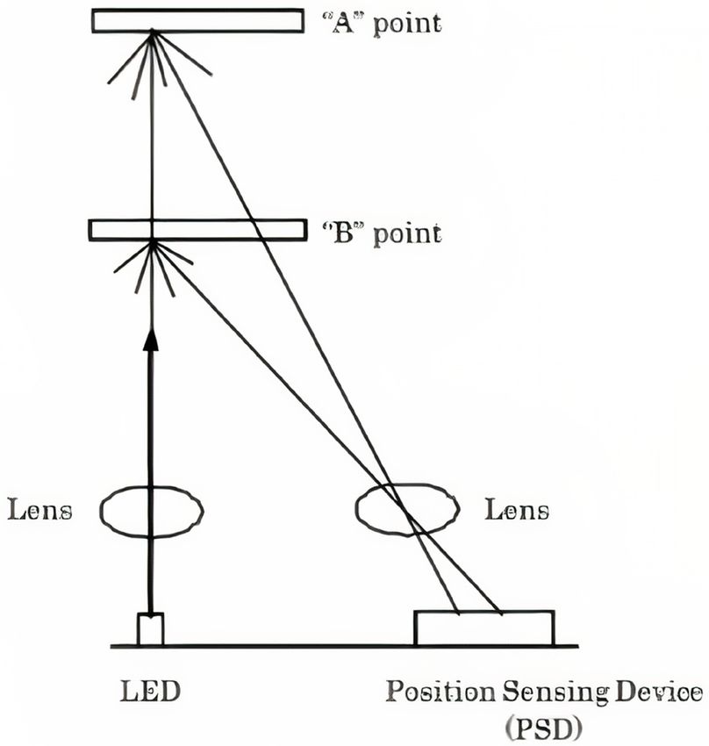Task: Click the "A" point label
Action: [x=378, y=23]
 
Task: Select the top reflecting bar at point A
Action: [x=197, y=20]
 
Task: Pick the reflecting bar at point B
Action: [x=197, y=230]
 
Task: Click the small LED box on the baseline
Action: [x=150, y=629]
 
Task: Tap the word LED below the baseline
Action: [x=150, y=692]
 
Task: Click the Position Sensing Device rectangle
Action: [x=484, y=628]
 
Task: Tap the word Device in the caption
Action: [x=654, y=692]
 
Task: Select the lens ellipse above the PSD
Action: [x=407, y=510]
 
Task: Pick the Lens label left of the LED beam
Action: [x=39, y=510]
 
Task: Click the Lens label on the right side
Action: [x=518, y=510]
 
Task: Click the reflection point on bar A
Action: [x=153, y=33]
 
